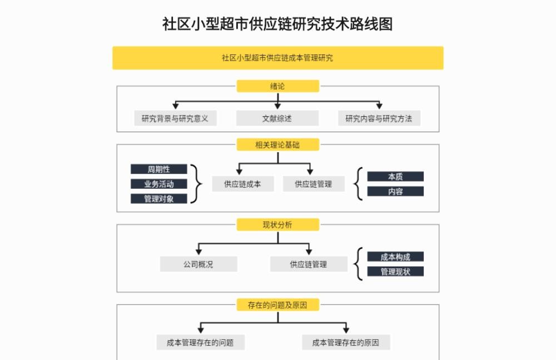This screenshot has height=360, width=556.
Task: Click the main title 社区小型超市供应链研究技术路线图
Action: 277,24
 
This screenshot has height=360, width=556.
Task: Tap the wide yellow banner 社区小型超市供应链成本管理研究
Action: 278,58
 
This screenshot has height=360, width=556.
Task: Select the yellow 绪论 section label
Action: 278,86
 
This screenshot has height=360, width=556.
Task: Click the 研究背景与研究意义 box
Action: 175,118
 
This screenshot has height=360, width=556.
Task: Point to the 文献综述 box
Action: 277,118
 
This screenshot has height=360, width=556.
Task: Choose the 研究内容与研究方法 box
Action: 379,118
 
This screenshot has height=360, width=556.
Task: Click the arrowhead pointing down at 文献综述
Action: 277,106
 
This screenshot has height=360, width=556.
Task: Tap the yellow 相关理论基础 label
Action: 278,144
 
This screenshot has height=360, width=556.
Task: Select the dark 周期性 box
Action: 159,169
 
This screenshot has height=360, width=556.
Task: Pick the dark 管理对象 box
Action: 159,198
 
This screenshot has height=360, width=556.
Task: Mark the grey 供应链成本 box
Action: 243,184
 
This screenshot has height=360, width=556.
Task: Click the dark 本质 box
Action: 395,177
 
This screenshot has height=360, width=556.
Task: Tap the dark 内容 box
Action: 395,191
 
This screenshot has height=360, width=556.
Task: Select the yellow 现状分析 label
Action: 278,224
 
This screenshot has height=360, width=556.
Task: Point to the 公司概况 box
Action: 198,264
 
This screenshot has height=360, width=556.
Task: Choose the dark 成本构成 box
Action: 395,257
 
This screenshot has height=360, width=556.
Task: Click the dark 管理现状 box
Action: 395,272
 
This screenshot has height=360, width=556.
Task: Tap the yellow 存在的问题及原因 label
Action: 278,305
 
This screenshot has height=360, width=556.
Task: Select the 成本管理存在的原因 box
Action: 346,342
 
